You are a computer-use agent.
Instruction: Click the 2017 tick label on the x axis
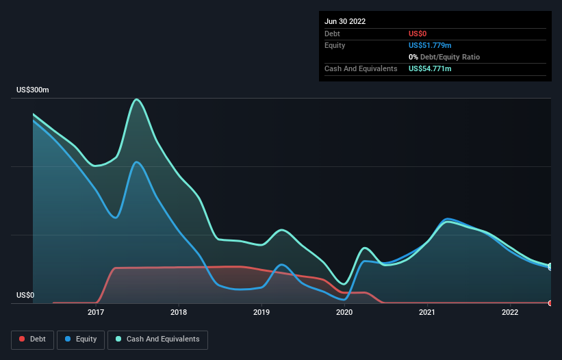pos(96,313)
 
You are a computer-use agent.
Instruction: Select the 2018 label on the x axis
pos(179,313)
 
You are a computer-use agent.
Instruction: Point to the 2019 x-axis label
pos(261,313)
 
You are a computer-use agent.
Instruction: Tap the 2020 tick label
pos(344,313)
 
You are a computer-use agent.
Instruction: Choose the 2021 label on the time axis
pos(427,313)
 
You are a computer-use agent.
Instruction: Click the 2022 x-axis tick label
pos(510,313)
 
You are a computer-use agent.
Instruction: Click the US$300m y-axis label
pos(33,90)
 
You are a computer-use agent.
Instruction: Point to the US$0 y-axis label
pos(25,296)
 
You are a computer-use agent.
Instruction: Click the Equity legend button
pos(81,339)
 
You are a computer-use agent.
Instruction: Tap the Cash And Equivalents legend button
pos(157,339)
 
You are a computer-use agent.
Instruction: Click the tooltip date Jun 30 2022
pos(345,21)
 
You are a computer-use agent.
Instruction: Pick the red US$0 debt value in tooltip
pos(418,34)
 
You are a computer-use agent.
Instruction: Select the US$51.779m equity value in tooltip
pos(430,45)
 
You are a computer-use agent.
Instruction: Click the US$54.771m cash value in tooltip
pos(430,68)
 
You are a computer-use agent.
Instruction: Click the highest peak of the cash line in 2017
pos(138,99)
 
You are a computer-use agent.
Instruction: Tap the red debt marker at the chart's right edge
pos(550,303)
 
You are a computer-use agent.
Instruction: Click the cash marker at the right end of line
pos(550,266)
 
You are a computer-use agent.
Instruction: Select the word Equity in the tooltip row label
pos(335,45)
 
